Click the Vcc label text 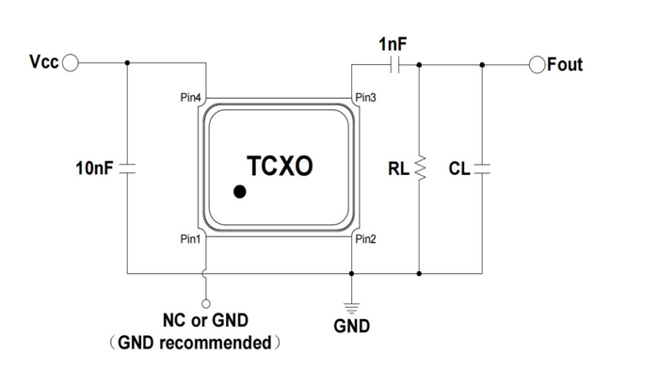tap(44, 63)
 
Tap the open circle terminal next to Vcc tap(72, 63)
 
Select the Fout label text tap(565, 64)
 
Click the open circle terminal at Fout tap(537, 64)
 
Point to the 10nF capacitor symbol tap(128, 170)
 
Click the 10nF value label tap(94, 170)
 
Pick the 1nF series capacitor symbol tap(394, 64)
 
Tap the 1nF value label tap(394, 43)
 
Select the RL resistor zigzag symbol tap(419, 169)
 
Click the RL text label tap(398, 170)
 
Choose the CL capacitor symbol tap(482, 170)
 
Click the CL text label tap(458, 170)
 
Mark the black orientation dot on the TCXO tap(241, 193)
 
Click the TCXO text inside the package tap(280, 166)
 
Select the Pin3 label tap(365, 98)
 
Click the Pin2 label tap(365, 239)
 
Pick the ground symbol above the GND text tap(351, 304)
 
